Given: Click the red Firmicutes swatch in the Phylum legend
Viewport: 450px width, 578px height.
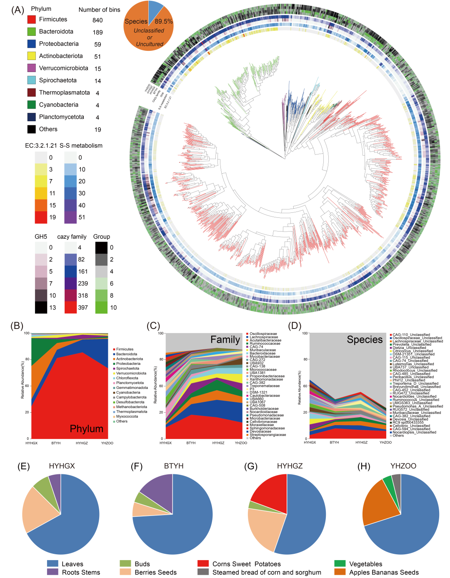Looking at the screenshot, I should tap(31, 20).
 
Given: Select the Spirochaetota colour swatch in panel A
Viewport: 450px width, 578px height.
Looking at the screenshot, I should tap(31, 80).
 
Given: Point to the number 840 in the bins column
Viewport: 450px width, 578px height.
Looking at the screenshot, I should tap(97, 20).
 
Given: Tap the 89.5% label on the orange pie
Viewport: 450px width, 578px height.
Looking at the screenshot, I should tap(163, 21).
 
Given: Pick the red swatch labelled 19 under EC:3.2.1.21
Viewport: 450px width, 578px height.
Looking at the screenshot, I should tap(41, 217).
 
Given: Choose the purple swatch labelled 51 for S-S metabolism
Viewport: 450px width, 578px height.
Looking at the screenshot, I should tap(70, 217).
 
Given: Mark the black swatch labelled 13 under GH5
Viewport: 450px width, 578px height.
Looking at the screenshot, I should tap(41, 307).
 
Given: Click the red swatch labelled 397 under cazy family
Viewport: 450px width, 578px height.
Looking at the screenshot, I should tap(70, 307).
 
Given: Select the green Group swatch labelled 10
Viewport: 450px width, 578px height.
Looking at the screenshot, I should tap(101, 307).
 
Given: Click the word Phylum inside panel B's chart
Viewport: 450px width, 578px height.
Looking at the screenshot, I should tap(86, 429).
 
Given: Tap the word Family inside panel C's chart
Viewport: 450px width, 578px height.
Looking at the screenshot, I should tap(225, 340).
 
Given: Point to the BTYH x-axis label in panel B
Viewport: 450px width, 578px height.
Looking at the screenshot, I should tap(56, 443).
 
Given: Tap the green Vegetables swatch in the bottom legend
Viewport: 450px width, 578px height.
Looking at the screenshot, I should tap(340, 564).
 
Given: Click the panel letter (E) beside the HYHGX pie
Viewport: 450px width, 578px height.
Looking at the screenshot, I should tap(23, 466).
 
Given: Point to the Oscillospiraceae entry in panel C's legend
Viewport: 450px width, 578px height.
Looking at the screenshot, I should tap(263, 334).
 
